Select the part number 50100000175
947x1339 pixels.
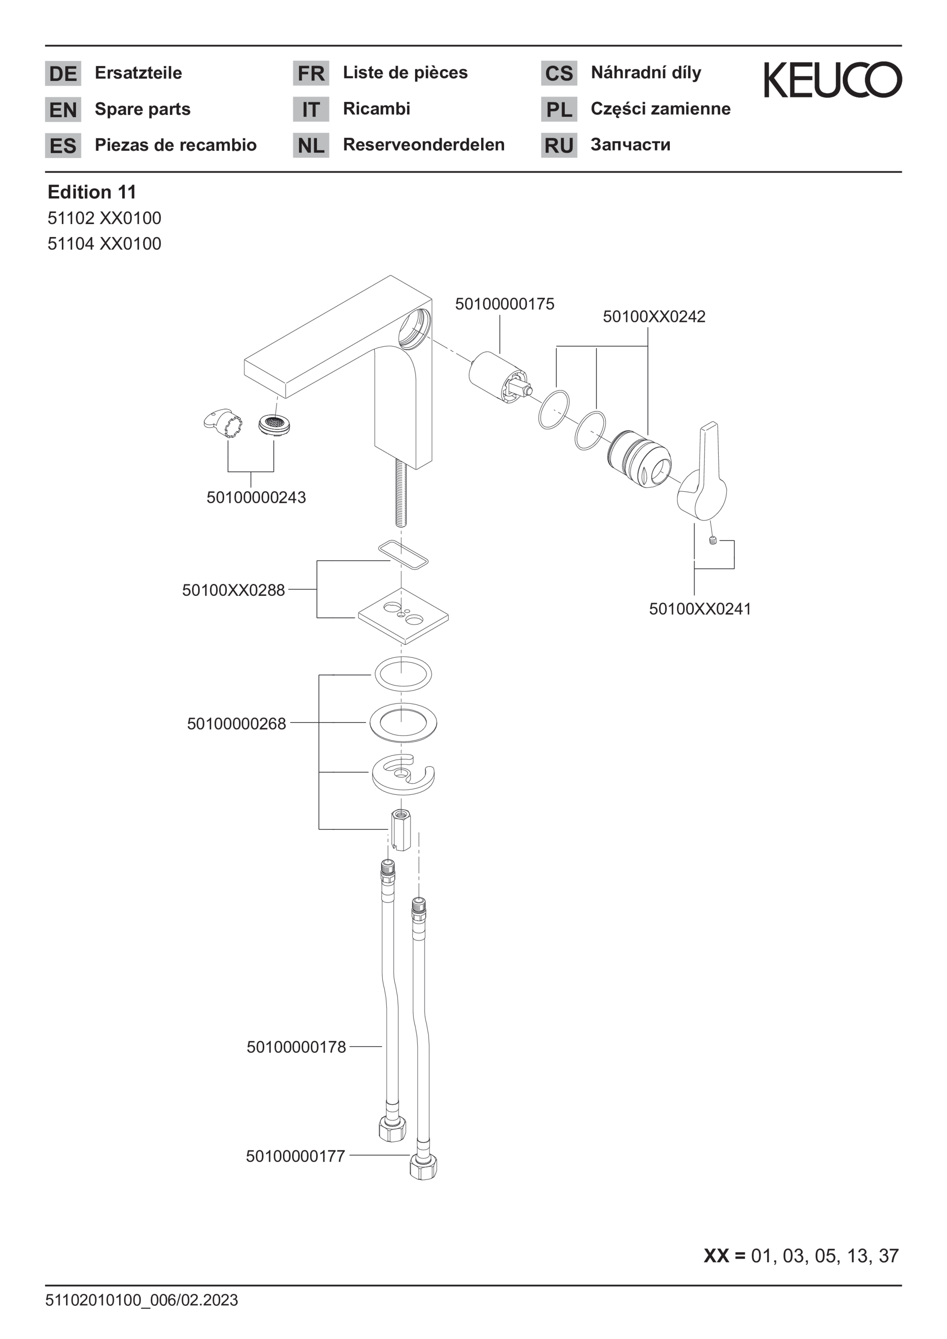(504, 304)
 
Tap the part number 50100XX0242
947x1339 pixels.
(654, 317)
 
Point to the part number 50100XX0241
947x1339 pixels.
(700, 609)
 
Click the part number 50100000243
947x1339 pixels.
(256, 498)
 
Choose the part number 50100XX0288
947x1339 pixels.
(234, 590)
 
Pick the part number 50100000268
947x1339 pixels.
(236, 724)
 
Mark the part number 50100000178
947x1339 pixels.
(296, 1047)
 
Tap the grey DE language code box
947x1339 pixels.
(63, 74)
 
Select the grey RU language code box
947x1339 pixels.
(559, 145)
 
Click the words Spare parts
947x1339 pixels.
(143, 109)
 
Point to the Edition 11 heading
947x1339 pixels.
(92, 192)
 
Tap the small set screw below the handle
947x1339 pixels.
(712, 541)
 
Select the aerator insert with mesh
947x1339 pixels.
(274, 425)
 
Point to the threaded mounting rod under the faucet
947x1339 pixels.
(400, 491)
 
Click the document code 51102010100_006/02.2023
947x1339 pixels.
(142, 1300)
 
